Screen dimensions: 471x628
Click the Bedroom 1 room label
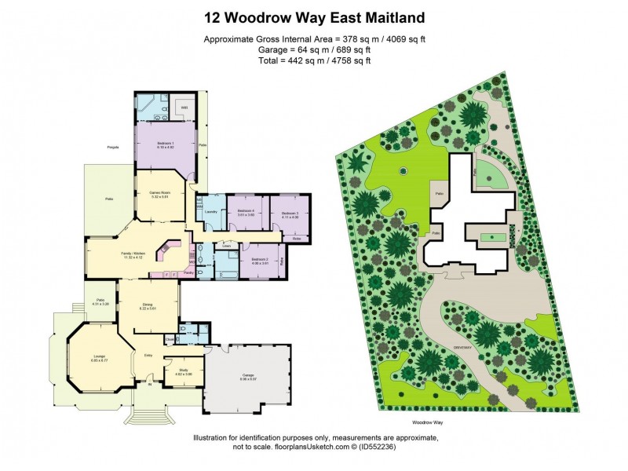point(165,144)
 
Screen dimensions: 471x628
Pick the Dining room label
point(147,305)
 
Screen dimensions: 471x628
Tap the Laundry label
point(210,212)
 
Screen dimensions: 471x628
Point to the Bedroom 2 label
point(260,260)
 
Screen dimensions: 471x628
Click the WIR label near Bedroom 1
point(184,108)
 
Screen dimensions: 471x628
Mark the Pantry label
point(188,272)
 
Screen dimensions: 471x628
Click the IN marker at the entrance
point(148,383)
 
